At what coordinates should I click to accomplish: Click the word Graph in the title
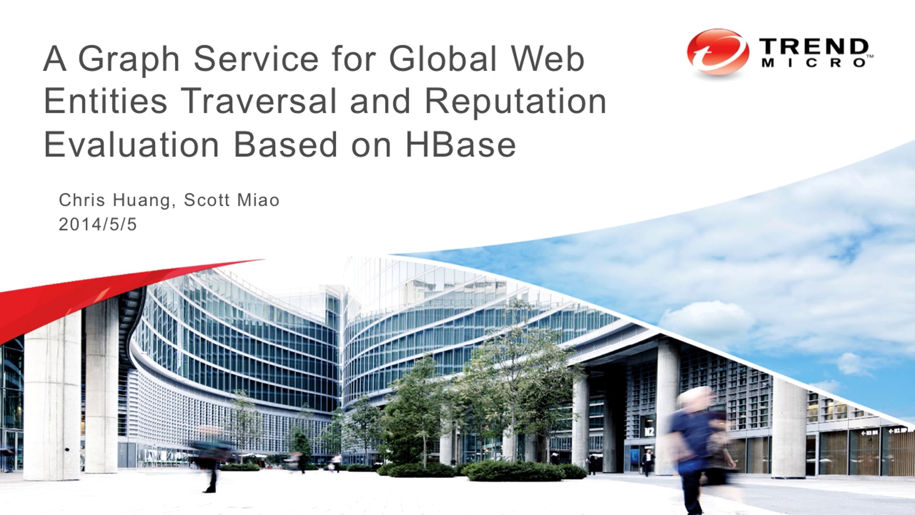coord(129,59)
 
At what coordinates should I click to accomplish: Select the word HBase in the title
coord(461,145)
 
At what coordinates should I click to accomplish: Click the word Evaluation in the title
coord(132,145)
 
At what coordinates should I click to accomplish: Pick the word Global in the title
coord(443,59)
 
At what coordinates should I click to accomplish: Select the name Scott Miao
coord(232,200)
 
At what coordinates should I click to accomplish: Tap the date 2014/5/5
coord(98,224)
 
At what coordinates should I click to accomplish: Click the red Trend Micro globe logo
coord(718,53)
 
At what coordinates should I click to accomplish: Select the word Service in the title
coord(256,59)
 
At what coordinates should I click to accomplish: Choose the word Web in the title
coord(547,59)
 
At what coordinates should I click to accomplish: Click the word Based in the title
coord(286,145)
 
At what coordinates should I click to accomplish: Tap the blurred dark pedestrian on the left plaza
coord(210,462)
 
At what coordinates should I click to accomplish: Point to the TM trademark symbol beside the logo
coord(870,56)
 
